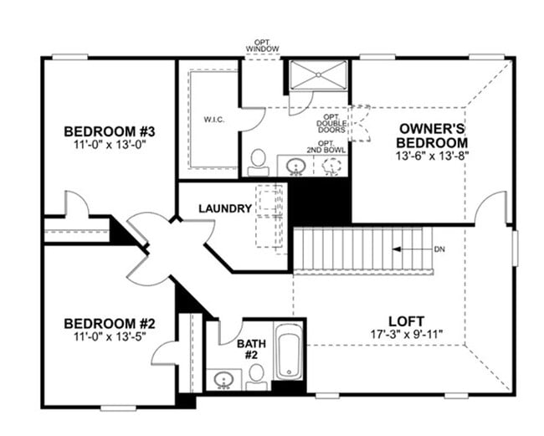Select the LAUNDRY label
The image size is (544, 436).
224,208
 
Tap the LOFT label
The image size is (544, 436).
406,321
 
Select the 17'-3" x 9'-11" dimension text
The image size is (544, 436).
406,335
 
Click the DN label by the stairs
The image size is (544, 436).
440,250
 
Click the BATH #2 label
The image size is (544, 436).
251,349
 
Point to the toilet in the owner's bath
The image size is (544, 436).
259,161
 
